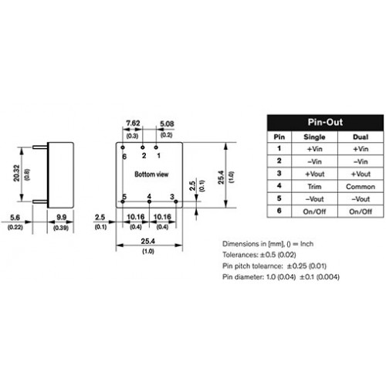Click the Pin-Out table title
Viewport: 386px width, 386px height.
point(325,122)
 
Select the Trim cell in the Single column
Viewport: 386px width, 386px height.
point(314,187)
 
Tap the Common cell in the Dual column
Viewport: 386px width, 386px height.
point(361,187)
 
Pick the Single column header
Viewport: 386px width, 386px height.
point(314,137)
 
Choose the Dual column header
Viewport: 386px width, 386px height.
point(361,137)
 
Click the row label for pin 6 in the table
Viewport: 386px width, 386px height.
point(279,211)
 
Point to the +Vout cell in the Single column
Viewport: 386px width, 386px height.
point(314,174)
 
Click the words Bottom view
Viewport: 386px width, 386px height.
point(151,174)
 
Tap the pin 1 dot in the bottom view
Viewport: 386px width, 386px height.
point(156,147)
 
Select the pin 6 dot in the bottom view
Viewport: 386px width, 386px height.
point(123,147)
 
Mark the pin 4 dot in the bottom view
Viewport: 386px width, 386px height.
point(149,201)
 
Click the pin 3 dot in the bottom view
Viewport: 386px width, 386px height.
point(176,201)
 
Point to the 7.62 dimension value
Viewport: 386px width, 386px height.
point(133,124)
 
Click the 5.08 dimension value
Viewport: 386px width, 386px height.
point(167,124)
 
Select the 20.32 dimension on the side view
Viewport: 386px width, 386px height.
point(16,173)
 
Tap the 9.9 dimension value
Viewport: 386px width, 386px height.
point(61,218)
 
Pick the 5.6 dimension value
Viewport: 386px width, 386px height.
point(15,218)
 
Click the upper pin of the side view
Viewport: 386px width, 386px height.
point(40,147)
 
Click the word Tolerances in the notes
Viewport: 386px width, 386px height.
point(240,255)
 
